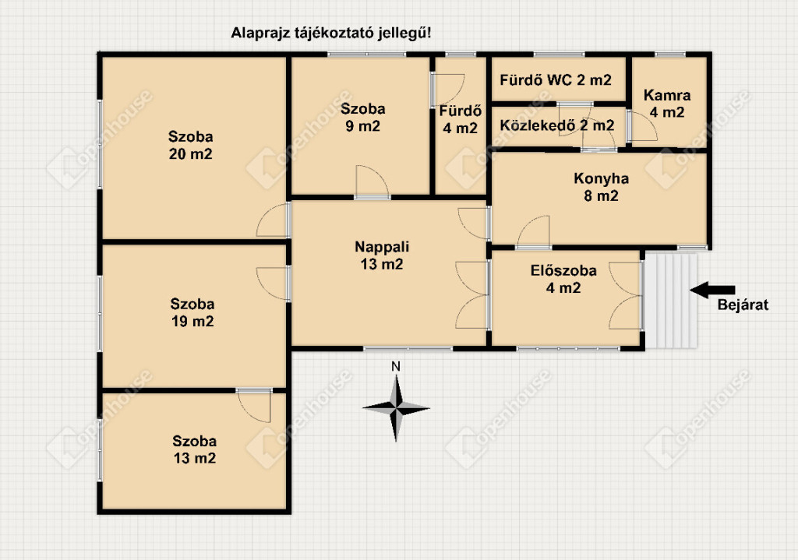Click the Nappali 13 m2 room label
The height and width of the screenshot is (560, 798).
pyautogui.click(x=382, y=255)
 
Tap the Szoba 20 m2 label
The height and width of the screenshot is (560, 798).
pyautogui.click(x=190, y=145)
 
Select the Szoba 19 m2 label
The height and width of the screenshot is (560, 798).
pyautogui.click(x=192, y=312)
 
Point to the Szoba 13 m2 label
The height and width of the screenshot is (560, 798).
pyautogui.click(x=194, y=449)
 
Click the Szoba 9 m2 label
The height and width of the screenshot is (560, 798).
pyautogui.click(x=363, y=117)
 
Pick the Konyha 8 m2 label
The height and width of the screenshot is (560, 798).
pyautogui.click(x=601, y=187)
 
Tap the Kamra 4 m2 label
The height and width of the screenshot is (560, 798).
pyautogui.click(x=667, y=104)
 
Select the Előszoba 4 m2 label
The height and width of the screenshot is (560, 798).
pyautogui.click(x=563, y=279)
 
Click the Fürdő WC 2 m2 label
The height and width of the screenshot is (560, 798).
pyautogui.click(x=555, y=80)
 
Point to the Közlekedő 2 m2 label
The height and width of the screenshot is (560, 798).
pyautogui.click(x=556, y=125)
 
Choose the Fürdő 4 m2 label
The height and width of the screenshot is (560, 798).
pyautogui.click(x=460, y=119)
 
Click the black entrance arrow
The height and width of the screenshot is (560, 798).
pyautogui.click(x=712, y=290)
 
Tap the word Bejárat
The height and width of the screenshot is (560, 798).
pyautogui.click(x=743, y=305)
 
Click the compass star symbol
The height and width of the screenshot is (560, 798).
pyautogui.click(x=396, y=408)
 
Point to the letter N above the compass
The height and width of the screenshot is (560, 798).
pyautogui.click(x=396, y=366)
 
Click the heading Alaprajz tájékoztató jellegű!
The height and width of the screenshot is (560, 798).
pyautogui.click(x=330, y=33)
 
